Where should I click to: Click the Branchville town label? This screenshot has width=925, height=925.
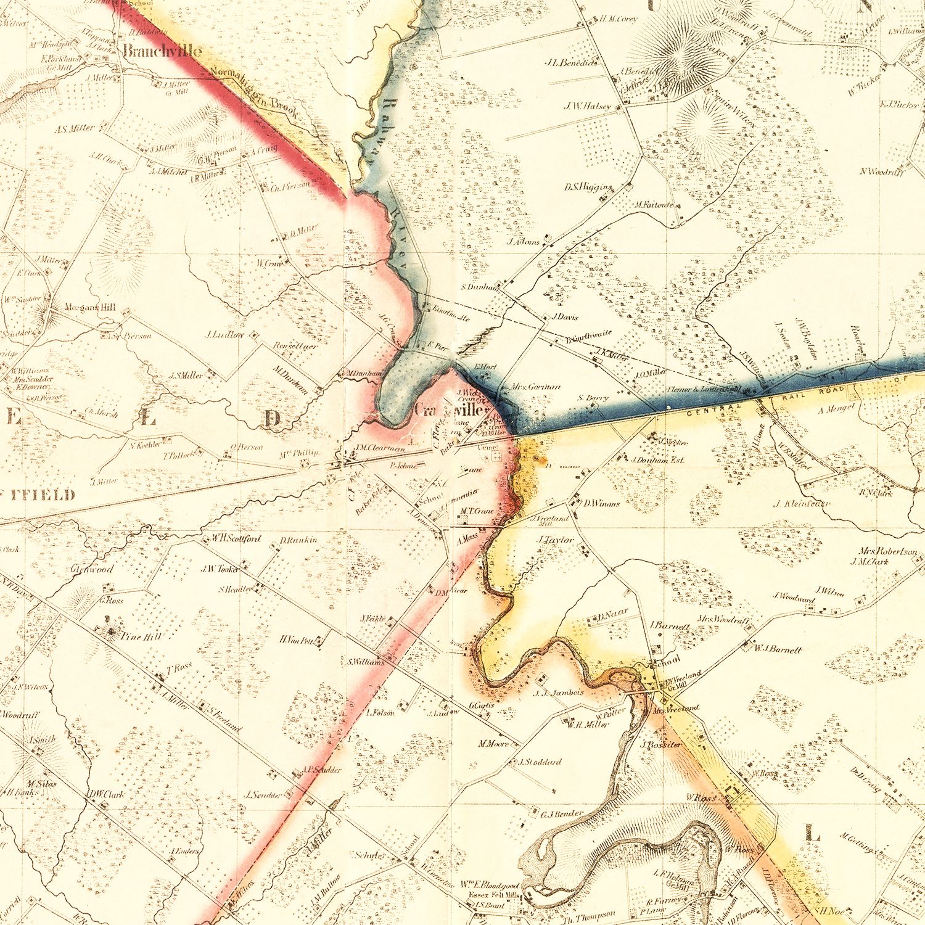click(x=162, y=51)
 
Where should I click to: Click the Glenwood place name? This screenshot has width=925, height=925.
click(x=92, y=569)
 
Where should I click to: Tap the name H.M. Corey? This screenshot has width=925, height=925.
click(x=619, y=19)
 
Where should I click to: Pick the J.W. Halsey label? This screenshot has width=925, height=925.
click(x=587, y=106)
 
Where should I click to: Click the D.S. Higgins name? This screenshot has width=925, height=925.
click(x=588, y=187)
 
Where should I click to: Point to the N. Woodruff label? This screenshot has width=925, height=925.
click(x=882, y=171)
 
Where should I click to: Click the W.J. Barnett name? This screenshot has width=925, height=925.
click(x=778, y=649)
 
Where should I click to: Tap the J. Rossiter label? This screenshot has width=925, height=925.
click(x=661, y=745)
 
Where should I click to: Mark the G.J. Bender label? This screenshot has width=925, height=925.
click(x=561, y=814)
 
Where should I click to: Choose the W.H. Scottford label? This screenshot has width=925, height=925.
click(x=236, y=538)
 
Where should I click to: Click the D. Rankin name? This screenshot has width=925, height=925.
click(x=298, y=540)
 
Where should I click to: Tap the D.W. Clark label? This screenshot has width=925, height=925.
click(x=105, y=794)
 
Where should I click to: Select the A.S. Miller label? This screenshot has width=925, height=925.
click(x=74, y=129)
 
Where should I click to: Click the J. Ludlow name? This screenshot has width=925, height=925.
click(x=224, y=335)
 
